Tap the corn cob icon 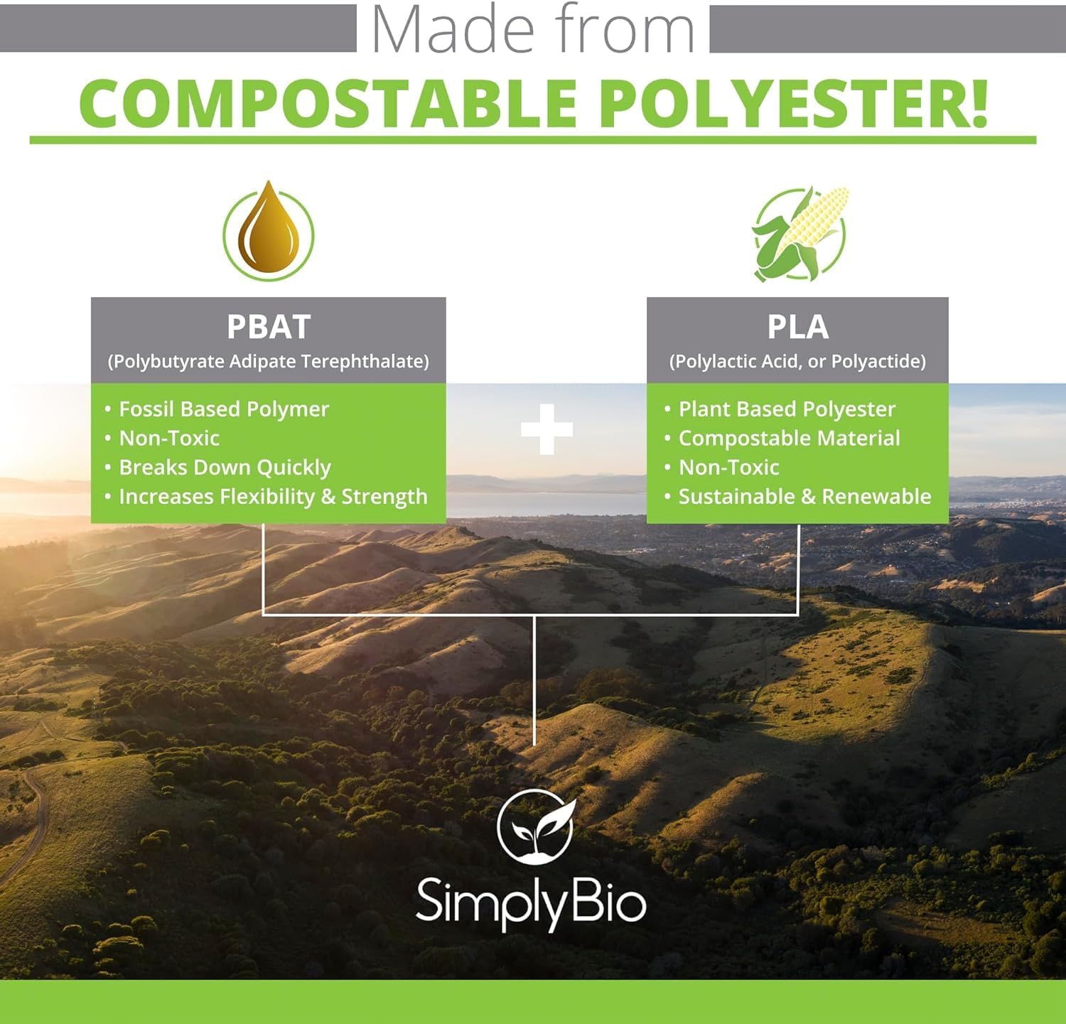coord(800,233)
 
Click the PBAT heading coord(269,327)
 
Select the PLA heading coord(797,327)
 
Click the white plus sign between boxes coord(547,429)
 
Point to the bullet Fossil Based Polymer coord(223,409)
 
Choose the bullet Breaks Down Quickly coord(225,468)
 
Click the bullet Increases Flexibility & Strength coord(273,497)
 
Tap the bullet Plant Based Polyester coord(786,409)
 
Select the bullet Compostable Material coord(789,438)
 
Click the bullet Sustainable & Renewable coord(804,497)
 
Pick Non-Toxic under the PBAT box coord(169,438)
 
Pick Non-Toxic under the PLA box coord(728,468)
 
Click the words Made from coord(533,30)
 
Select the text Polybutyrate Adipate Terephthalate coord(269,362)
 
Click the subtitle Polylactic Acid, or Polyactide coord(797,362)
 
